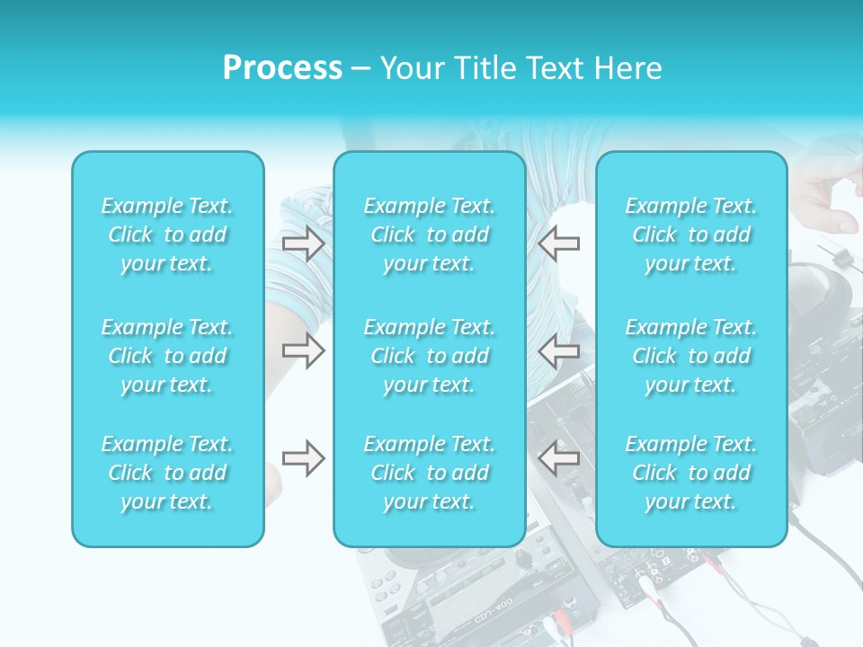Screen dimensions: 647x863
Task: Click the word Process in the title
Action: point(282,68)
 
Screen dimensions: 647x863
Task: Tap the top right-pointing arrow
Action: point(303,243)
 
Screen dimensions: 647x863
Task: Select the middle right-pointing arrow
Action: point(303,350)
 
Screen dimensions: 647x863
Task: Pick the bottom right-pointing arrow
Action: point(303,458)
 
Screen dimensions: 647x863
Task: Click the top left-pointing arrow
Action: point(558,243)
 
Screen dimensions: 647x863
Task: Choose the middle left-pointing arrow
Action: point(558,350)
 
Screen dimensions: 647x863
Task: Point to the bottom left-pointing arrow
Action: point(558,458)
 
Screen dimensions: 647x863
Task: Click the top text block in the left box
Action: point(167,235)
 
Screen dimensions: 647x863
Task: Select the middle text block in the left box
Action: point(167,356)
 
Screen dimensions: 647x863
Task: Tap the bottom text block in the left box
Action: point(167,473)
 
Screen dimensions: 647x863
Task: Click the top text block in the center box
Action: point(430,235)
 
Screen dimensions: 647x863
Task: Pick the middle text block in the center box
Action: point(430,356)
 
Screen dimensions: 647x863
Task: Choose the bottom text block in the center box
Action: point(430,473)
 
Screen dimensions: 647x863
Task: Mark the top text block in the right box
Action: point(691,235)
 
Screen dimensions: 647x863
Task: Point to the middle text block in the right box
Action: point(691,356)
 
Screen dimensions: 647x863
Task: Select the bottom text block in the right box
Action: point(691,473)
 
